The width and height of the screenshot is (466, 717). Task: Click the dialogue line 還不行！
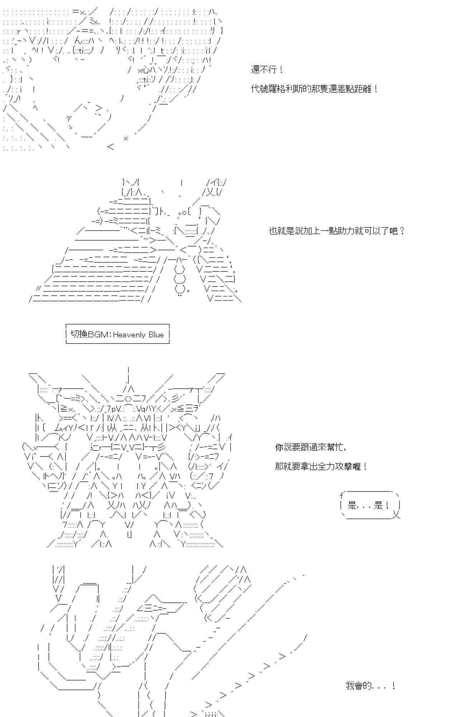(x=267, y=70)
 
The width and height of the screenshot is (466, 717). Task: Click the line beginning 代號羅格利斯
(x=314, y=89)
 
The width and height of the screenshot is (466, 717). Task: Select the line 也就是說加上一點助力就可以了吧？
(x=337, y=231)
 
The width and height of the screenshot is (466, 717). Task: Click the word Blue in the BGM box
(x=156, y=334)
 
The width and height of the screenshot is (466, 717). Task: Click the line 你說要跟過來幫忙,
(x=310, y=447)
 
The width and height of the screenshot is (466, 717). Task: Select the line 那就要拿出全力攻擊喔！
(x=321, y=466)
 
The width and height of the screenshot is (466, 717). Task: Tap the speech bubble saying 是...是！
(x=369, y=505)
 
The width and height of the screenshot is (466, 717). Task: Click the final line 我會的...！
(x=370, y=686)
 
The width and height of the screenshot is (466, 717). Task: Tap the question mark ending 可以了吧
(x=401, y=231)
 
